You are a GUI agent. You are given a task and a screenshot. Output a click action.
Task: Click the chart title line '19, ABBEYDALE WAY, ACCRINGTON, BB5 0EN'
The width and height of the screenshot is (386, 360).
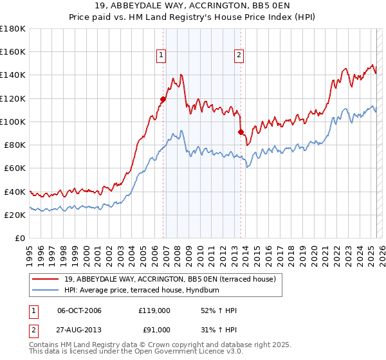click(193, 7)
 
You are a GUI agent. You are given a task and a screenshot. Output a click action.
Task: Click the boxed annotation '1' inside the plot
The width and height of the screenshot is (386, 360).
click(160, 55)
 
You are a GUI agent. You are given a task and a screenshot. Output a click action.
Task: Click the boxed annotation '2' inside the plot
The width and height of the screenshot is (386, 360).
click(239, 55)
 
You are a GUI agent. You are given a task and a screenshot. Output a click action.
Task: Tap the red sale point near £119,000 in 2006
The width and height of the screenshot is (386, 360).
click(163, 99)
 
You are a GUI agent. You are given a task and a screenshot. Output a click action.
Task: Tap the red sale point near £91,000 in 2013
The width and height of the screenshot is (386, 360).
click(241, 132)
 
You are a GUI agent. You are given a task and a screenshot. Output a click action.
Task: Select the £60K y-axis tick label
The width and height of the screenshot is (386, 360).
click(15, 168)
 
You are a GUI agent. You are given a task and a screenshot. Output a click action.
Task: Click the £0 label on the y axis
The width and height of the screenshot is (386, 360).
click(20, 238)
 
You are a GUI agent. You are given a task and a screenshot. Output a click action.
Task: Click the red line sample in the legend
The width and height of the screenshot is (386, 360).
click(44, 278)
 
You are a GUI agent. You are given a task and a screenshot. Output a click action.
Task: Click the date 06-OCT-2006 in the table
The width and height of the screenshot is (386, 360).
click(80, 310)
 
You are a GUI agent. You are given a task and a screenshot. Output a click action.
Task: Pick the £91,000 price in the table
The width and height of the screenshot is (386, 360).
click(154, 329)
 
